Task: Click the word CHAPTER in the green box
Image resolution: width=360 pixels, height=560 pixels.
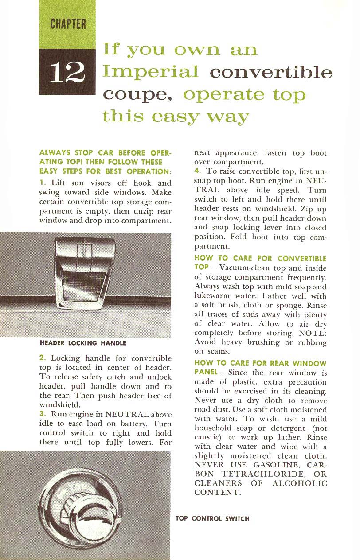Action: tap(68, 23)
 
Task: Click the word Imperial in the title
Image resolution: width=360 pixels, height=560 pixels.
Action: tap(150, 71)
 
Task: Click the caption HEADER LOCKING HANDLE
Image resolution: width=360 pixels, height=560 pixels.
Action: tap(83, 343)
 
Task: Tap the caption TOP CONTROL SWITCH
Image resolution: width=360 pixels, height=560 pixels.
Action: tap(212, 518)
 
